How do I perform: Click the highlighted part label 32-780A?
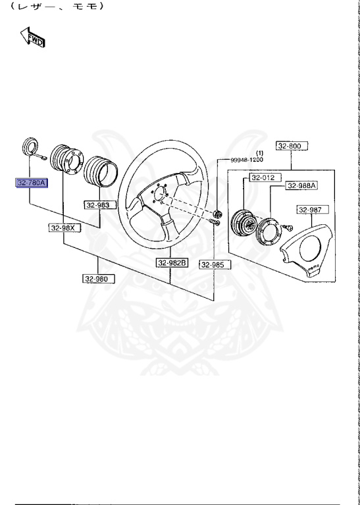pos(32,183)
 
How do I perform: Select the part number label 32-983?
pos(97,205)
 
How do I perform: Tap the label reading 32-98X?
pos(64,228)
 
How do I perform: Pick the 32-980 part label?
pos(97,279)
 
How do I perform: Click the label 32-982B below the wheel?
pos(172,263)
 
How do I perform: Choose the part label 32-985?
pos(213,264)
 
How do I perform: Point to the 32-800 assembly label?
pos(289,146)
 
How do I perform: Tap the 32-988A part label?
pos(301,186)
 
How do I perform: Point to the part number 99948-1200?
pos(246,160)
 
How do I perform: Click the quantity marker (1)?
pos(259,153)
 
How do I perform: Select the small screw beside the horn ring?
pos(288,228)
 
